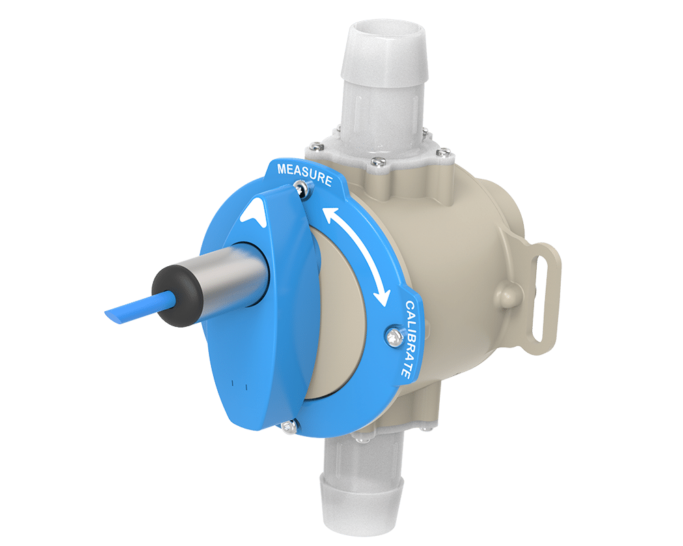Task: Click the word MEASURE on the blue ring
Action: (x=305, y=174)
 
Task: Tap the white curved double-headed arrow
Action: (x=355, y=255)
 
